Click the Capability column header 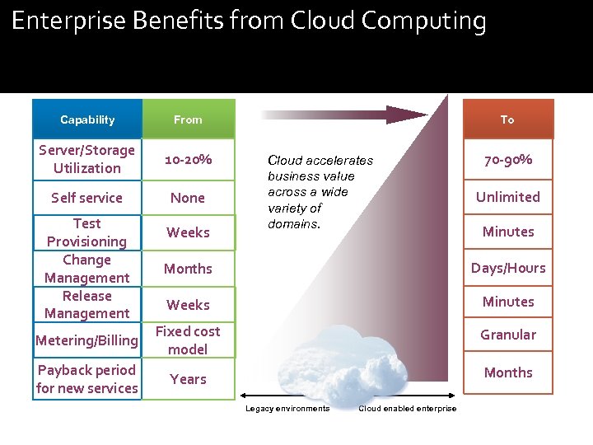(87, 119)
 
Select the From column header (188, 119)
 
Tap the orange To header (507, 119)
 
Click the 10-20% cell (188, 158)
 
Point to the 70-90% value (507, 159)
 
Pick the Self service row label (86, 198)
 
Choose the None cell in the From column (188, 198)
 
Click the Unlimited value (507, 197)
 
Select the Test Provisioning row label (86, 232)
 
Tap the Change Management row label (86, 269)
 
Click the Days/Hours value (507, 268)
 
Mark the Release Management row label (86, 304)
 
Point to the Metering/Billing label (86, 340)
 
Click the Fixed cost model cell (188, 340)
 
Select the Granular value (507, 335)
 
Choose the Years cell (188, 379)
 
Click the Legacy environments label (287, 409)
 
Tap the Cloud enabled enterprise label (407, 409)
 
